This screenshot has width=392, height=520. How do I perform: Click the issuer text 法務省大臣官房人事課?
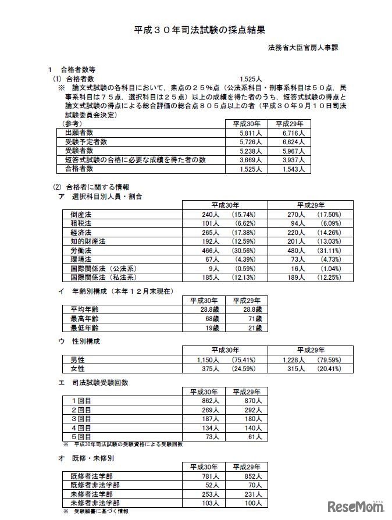click(302, 48)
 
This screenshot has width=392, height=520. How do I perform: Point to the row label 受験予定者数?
click(85, 141)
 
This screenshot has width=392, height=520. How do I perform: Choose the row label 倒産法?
click(81, 215)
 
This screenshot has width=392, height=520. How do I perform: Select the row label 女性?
click(78, 369)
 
